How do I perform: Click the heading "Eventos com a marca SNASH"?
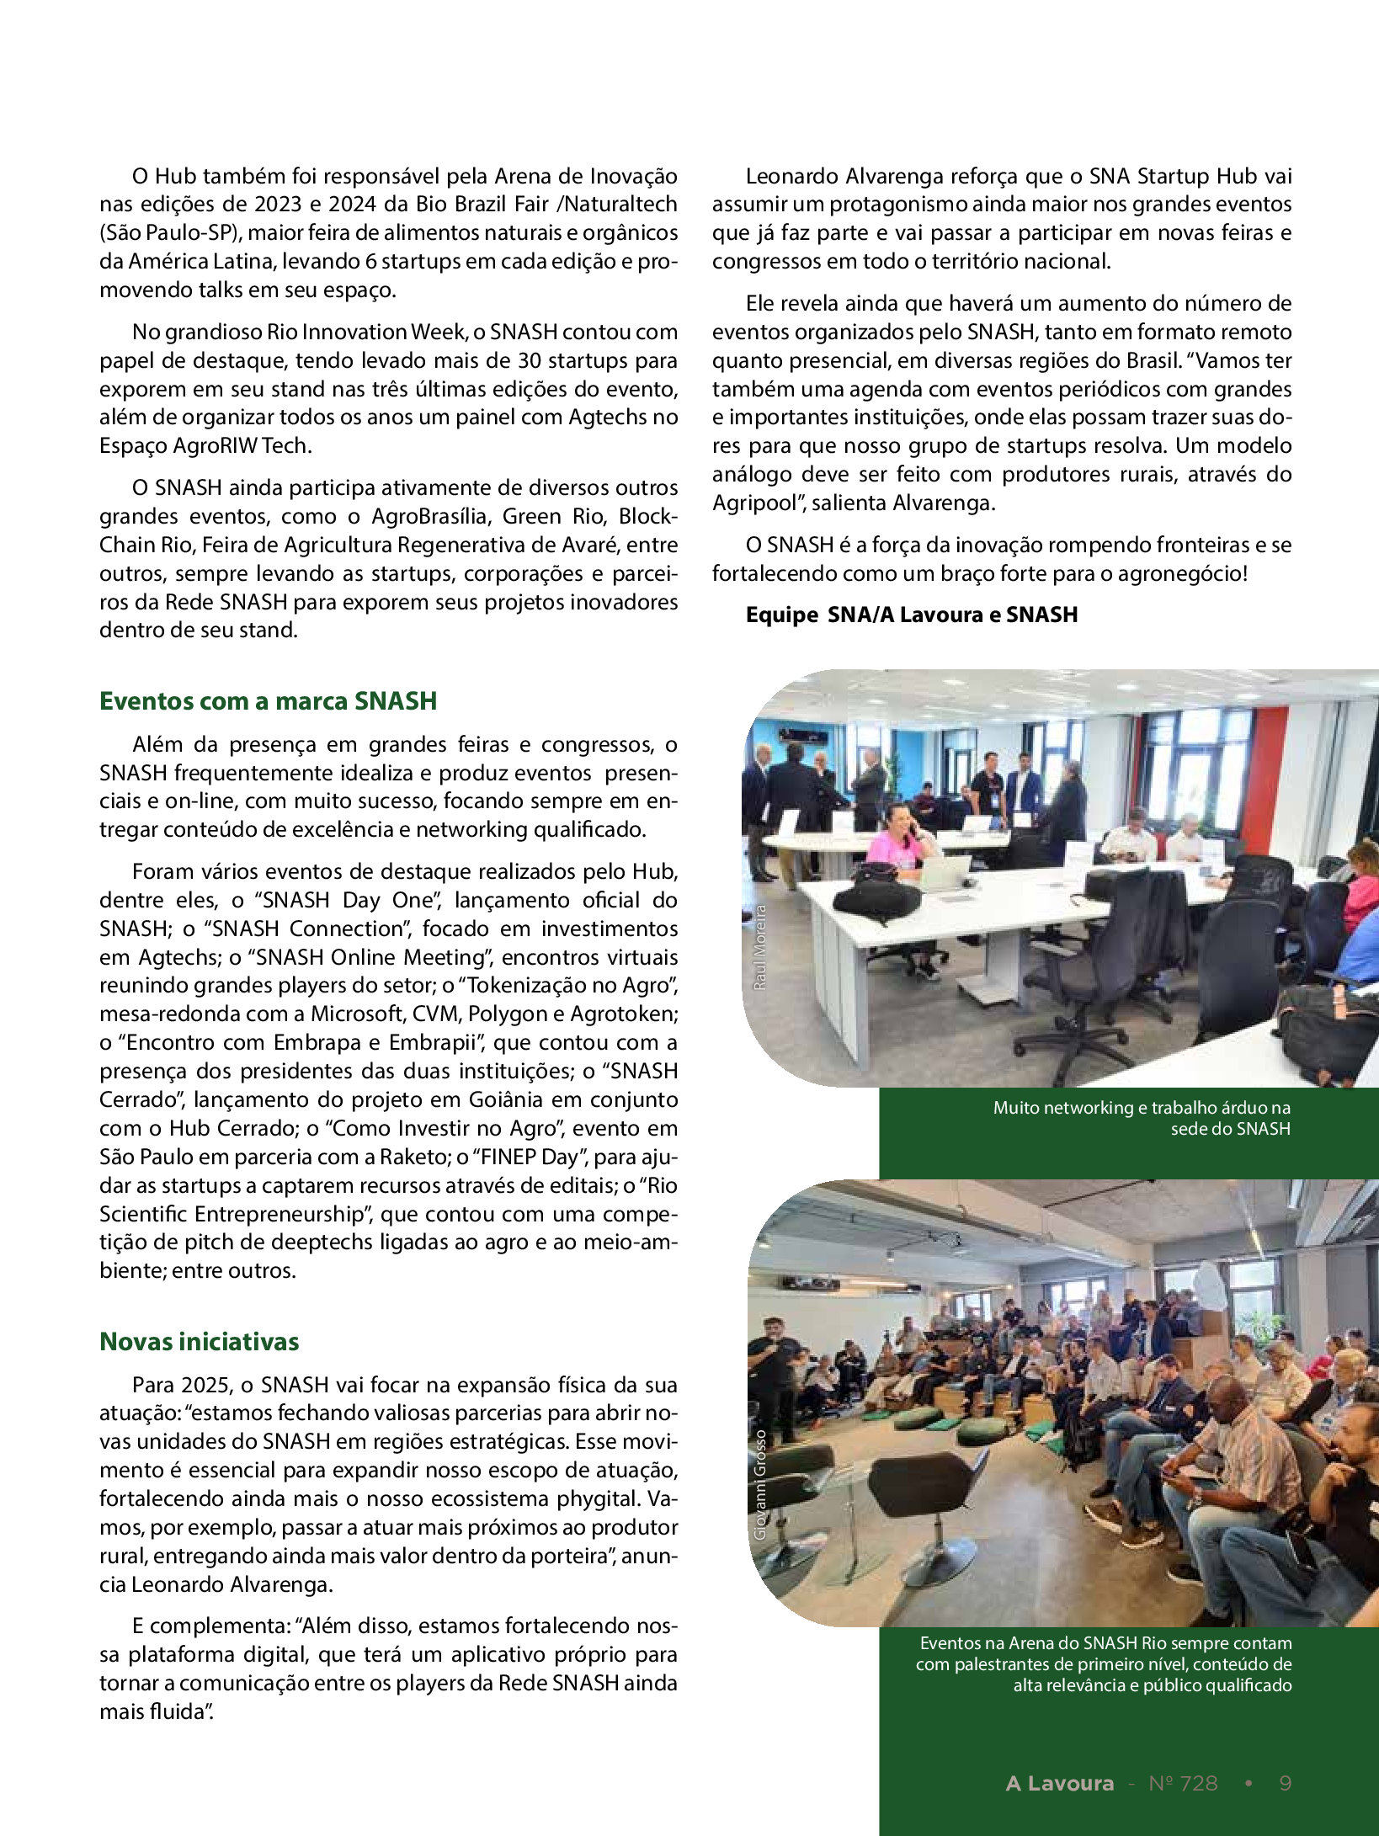coord(268,701)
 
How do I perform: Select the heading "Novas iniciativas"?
coord(199,1342)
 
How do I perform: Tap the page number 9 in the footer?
coord(1285,1783)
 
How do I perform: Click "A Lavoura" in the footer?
coord(1059,1783)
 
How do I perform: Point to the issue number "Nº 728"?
coord(1183,1783)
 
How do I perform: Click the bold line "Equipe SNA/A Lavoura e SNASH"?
coord(911,615)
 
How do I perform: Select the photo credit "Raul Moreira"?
coord(760,946)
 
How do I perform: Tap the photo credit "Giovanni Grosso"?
coord(760,1485)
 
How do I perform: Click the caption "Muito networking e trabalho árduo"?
coord(1141,1118)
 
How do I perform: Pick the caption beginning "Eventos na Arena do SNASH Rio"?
coord(1105,1663)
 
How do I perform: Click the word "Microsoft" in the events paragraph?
coord(357,1014)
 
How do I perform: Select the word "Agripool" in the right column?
coord(752,503)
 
